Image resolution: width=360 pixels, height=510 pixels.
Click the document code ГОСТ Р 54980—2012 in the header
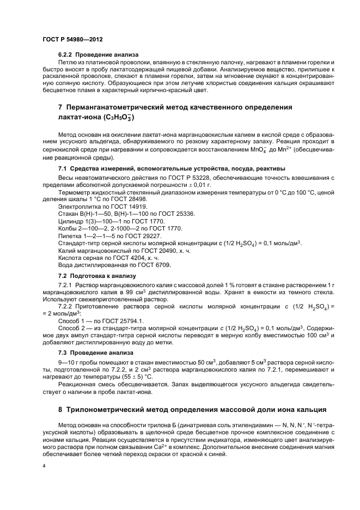pyautogui.click(x=72, y=40)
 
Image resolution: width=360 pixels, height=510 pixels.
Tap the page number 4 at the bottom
pyautogui.click(x=44, y=466)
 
